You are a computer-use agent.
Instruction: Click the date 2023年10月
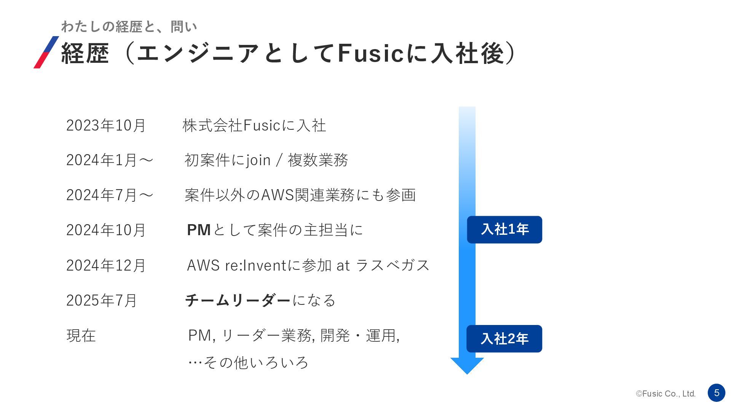point(106,126)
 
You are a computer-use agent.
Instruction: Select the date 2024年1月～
point(110,160)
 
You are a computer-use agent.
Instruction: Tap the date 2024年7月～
point(110,195)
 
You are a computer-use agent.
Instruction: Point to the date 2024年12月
point(106,266)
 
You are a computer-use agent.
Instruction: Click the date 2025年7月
point(101,301)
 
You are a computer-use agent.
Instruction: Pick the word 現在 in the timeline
point(81,336)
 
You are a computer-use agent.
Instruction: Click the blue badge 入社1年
point(504,229)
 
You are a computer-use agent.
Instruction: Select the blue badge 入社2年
point(504,339)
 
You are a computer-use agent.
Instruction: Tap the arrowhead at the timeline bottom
point(467,365)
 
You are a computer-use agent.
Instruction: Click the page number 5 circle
point(717,393)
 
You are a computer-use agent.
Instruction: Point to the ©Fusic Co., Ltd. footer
point(666,394)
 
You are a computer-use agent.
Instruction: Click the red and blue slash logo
point(46,53)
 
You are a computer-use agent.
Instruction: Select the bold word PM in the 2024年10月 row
point(199,230)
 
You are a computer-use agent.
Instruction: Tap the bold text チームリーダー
point(238,301)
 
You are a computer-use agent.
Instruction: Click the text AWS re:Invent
point(236,266)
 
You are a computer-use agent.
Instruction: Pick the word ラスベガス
point(393,266)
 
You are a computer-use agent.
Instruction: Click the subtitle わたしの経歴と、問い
point(129,27)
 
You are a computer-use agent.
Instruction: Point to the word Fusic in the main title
point(370,53)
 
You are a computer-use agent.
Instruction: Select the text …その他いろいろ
point(248,363)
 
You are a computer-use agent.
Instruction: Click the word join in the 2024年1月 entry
point(259,160)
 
